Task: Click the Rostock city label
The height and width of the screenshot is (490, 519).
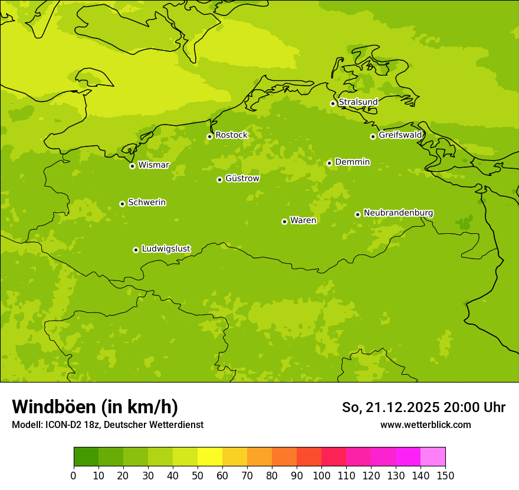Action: click(x=231, y=135)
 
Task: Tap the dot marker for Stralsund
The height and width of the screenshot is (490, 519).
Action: click(x=333, y=103)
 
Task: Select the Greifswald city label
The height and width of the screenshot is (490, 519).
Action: click(x=400, y=135)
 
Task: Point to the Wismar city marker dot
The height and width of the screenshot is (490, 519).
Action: click(x=132, y=166)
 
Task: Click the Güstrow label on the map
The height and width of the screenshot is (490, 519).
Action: click(x=242, y=178)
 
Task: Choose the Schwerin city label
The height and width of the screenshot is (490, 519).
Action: click(x=147, y=202)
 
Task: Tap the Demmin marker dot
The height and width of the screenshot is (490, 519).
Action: click(x=329, y=163)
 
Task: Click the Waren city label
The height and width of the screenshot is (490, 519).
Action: click(x=303, y=220)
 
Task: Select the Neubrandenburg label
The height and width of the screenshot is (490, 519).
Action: click(x=398, y=213)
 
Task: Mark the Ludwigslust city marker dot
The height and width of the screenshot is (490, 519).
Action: click(x=136, y=250)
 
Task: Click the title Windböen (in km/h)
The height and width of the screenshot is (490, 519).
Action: click(x=95, y=407)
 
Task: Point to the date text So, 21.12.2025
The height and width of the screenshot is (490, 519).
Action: click(x=391, y=407)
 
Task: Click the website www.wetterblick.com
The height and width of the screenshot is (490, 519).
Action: click(x=425, y=424)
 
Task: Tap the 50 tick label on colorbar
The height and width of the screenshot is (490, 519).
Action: click(x=198, y=476)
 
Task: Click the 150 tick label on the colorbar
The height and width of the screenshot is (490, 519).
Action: click(x=445, y=476)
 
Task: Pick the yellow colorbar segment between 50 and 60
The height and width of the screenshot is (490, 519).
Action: click(x=210, y=457)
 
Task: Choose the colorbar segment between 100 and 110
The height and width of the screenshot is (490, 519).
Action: click(x=334, y=457)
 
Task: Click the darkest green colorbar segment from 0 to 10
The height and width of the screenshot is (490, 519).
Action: click(x=86, y=457)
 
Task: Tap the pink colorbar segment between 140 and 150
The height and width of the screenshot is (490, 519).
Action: click(x=433, y=457)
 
